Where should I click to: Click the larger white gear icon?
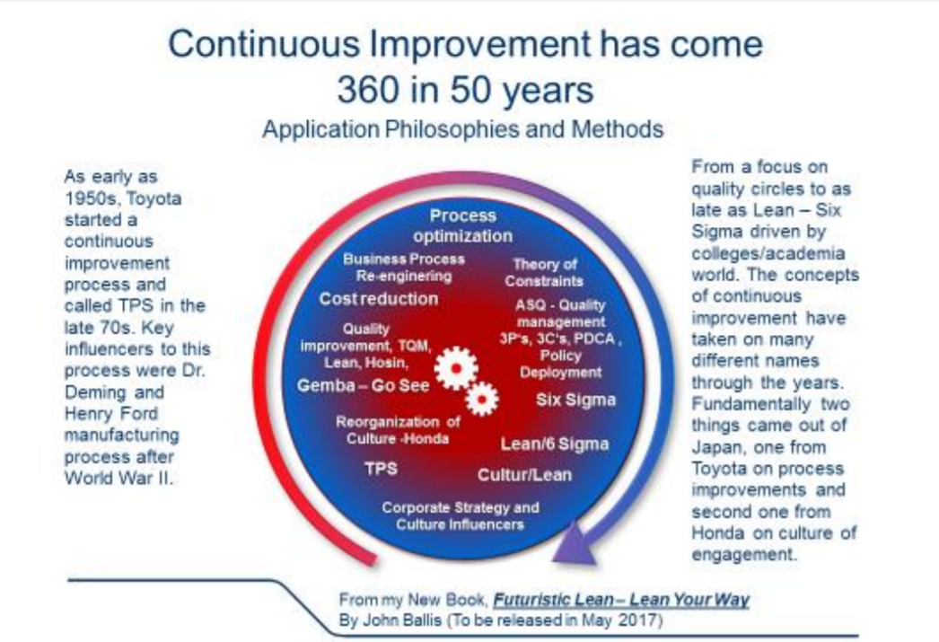pos(456,368)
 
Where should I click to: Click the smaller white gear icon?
pos(481,399)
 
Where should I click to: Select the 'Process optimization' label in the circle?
pos(462,225)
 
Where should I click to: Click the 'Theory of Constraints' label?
pos(544,272)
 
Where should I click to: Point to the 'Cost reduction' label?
pos(379,298)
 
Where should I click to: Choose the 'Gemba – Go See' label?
pos(363,385)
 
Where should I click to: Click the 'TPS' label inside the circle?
pos(381,468)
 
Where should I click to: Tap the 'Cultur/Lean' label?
pos(524,475)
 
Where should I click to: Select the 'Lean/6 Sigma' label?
pos(555,444)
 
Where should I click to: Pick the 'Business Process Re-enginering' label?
pos(404,268)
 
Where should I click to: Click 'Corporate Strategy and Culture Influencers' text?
pos(460,515)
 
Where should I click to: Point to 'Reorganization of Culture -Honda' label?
pos(398,430)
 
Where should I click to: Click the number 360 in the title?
pos(368,90)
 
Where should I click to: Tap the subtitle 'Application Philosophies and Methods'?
pos(463,129)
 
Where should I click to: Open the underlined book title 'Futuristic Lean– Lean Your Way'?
pos(621,600)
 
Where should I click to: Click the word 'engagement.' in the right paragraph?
pos(744,555)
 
